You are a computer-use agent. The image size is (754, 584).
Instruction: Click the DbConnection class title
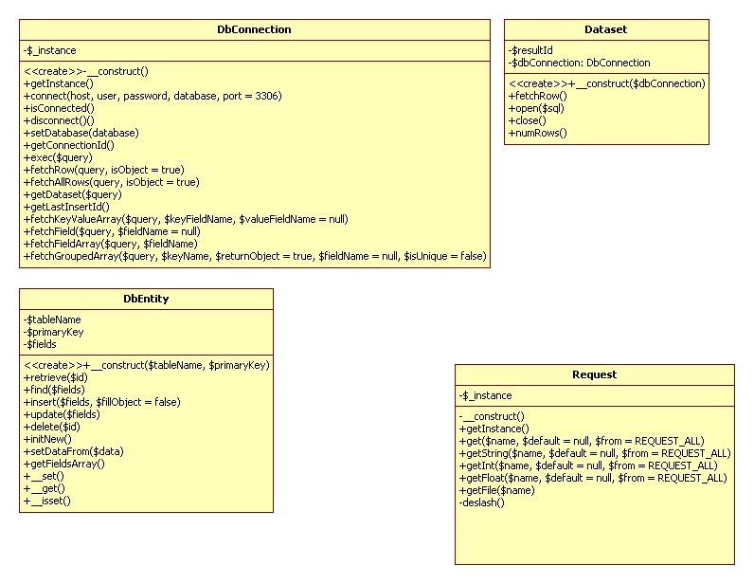pyautogui.click(x=254, y=29)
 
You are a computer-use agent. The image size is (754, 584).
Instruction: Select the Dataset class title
pyautogui.click(x=606, y=29)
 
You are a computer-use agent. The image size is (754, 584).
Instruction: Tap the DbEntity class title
pyautogui.click(x=146, y=299)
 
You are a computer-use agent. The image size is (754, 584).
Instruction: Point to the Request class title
pyautogui.click(x=594, y=374)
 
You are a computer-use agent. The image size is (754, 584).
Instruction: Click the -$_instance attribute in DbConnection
pyautogui.click(x=49, y=50)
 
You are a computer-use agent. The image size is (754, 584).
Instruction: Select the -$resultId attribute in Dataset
pyautogui.click(x=530, y=50)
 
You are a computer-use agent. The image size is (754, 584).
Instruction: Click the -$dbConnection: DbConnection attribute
pyautogui.click(x=579, y=63)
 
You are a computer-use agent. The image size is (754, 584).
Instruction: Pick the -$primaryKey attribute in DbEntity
pyautogui.click(x=53, y=332)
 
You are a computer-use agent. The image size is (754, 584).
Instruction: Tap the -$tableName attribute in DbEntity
pyautogui.click(x=52, y=319)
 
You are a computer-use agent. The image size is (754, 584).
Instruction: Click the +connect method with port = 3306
pyautogui.click(x=153, y=96)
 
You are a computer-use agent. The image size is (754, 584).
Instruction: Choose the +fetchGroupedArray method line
pyautogui.click(x=255, y=256)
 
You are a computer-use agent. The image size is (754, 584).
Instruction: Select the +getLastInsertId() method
pyautogui.click(x=66, y=207)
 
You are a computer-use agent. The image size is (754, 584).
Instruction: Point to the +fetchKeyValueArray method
pyautogui.click(x=186, y=219)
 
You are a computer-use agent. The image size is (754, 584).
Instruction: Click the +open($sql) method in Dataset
pyautogui.click(x=536, y=108)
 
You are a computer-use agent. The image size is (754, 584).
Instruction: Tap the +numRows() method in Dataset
pyautogui.click(x=538, y=133)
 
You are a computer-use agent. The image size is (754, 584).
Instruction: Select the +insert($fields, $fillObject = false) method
pyautogui.click(x=102, y=402)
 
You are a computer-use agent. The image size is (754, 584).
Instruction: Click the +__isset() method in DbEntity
pyautogui.click(x=47, y=501)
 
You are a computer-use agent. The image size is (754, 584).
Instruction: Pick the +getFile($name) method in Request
pyautogui.click(x=496, y=490)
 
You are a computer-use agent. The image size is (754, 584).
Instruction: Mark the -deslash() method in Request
pyautogui.click(x=481, y=502)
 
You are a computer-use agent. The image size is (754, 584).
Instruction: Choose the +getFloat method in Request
pyautogui.click(x=593, y=478)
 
